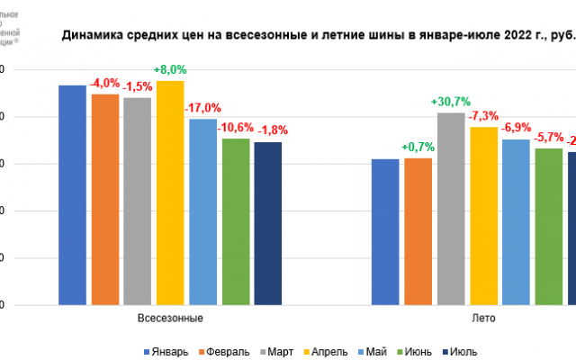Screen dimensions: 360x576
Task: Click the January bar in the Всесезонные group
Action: [x=73, y=193]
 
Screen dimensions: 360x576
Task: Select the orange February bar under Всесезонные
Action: [x=105, y=198]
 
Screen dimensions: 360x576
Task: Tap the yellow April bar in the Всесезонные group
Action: [x=170, y=192]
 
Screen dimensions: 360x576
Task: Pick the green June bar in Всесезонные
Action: [x=235, y=220]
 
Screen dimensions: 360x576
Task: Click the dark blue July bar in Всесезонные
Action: [x=267, y=222]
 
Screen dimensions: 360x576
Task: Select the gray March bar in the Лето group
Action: [x=451, y=208]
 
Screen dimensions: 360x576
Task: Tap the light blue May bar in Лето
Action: [x=516, y=221]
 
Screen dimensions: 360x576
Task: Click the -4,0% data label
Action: [x=105, y=83]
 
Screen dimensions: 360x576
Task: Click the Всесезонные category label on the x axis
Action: [x=170, y=319]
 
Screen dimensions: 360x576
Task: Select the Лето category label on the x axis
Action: [x=483, y=319]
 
